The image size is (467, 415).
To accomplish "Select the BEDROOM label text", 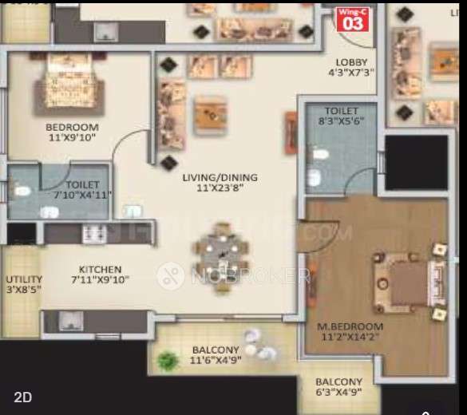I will click(72, 127).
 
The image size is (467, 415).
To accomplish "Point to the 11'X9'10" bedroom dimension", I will click(72, 138).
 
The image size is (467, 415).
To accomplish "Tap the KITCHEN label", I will click(100, 270).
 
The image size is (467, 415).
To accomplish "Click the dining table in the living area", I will click(220, 255).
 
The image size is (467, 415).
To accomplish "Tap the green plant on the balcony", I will click(167, 360).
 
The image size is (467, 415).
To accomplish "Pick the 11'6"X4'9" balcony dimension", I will click(215, 361).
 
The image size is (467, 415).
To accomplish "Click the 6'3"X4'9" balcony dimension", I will click(338, 393).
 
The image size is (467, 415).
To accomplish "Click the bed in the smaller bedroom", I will click(70, 83).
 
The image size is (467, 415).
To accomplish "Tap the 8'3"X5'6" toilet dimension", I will click(341, 122).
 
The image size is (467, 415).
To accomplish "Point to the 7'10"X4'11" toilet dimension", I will click(83, 194).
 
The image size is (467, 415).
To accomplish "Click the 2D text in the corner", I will click(22, 397).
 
